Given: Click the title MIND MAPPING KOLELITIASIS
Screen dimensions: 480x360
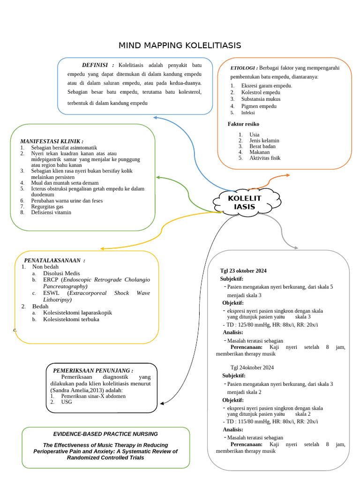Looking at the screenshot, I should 180,45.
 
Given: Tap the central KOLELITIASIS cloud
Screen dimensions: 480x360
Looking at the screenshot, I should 244,202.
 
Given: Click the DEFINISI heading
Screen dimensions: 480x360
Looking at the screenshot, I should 98,65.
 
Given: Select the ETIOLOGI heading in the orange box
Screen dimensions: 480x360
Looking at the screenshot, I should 244,68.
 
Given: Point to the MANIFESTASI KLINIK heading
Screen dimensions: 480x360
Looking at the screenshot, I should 52,141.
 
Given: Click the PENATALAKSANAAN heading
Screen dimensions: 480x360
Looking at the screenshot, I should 54,260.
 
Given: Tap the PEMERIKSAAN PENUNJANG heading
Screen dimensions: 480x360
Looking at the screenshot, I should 93,370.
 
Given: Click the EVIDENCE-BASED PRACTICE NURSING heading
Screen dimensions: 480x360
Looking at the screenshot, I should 105,434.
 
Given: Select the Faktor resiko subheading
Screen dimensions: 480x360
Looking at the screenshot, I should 243,124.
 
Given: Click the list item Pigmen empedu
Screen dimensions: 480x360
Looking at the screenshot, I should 259,106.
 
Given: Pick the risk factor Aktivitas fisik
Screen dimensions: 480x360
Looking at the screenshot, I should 265,158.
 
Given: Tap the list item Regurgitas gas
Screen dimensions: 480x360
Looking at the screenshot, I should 47,206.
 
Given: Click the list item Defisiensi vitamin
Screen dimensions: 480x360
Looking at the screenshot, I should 51,212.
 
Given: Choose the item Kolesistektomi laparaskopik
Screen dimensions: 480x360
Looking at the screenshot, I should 77,313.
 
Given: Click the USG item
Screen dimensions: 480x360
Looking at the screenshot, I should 67,402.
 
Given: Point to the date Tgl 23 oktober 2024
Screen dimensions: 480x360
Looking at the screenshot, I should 243,271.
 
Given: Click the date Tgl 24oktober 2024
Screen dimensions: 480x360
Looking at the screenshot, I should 252,367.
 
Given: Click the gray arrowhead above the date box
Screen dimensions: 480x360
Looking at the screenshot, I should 295,247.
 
